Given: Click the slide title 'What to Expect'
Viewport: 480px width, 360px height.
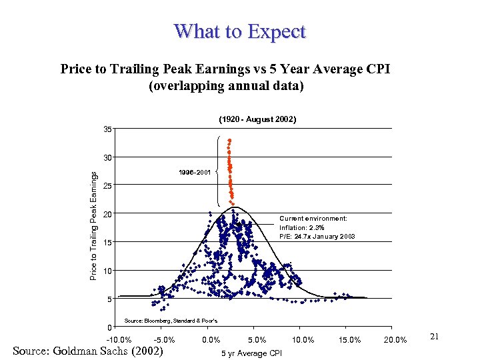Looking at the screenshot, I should coord(239,31).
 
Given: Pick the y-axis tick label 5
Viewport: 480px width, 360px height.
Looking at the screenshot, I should coord(108,299).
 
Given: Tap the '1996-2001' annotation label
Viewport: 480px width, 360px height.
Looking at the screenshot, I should coord(195,173).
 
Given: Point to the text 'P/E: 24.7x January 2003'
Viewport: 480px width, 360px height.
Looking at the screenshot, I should coord(317,237).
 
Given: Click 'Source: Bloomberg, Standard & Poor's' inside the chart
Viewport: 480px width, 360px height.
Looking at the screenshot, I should coord(171,321).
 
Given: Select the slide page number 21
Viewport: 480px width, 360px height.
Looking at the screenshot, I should coord(433,337).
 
